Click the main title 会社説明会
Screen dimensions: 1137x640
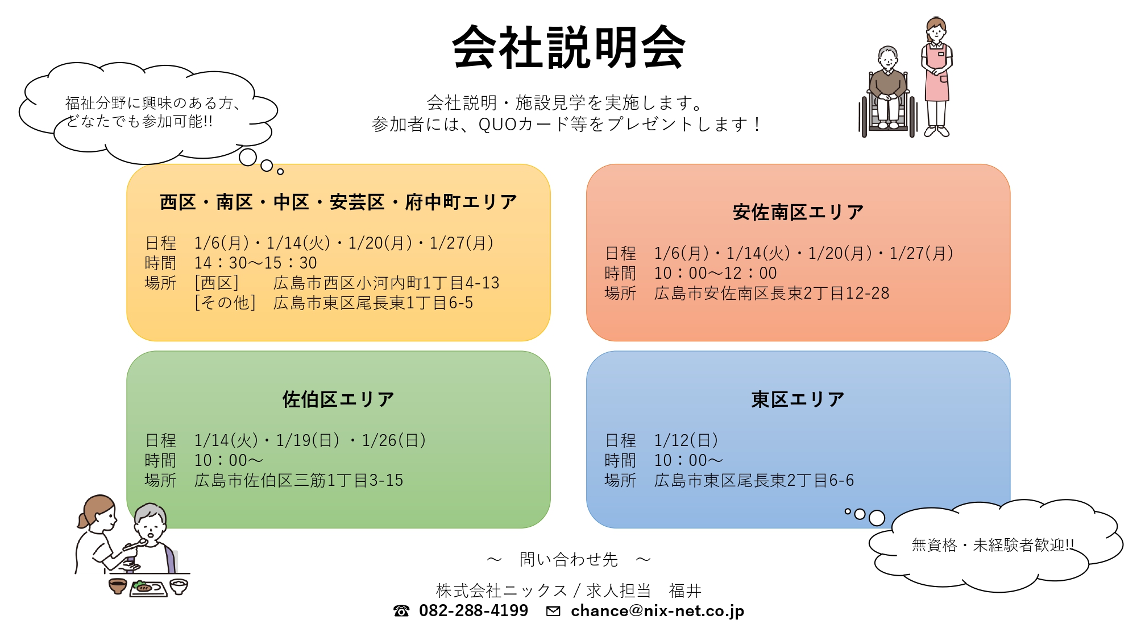click(x=568, y=47)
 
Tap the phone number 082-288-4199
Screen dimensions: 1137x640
click(x=474, y=610)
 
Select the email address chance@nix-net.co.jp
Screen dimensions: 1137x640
click(x=657, y=611)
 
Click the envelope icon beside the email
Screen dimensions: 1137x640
click(x=553, y=611)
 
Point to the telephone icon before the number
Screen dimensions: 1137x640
click(x=401, y=611)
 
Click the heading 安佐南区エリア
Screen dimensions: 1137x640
click(x=798, y=212)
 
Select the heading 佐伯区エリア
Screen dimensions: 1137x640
click(x=338, y=399)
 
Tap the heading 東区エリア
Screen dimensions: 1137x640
click(x=798, y=399)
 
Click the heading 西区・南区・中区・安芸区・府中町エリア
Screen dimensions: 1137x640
click(x=338, y=202)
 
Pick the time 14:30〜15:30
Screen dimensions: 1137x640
click(x=256, y=263)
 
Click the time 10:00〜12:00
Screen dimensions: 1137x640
click(x=716, y=273)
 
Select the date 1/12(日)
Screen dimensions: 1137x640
click(x=686, y=440)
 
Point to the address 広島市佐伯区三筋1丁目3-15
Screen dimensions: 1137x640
click(x=298, y=481)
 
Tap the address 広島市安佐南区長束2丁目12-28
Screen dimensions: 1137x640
click(x=771, y=294)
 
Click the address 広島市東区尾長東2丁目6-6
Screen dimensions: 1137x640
click(x=754, y=481)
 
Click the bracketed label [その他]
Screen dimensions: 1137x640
click(x=225, y=303)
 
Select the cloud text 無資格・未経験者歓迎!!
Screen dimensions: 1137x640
click(x=993, y=545)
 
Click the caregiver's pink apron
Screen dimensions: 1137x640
click(x=937, y=74)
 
